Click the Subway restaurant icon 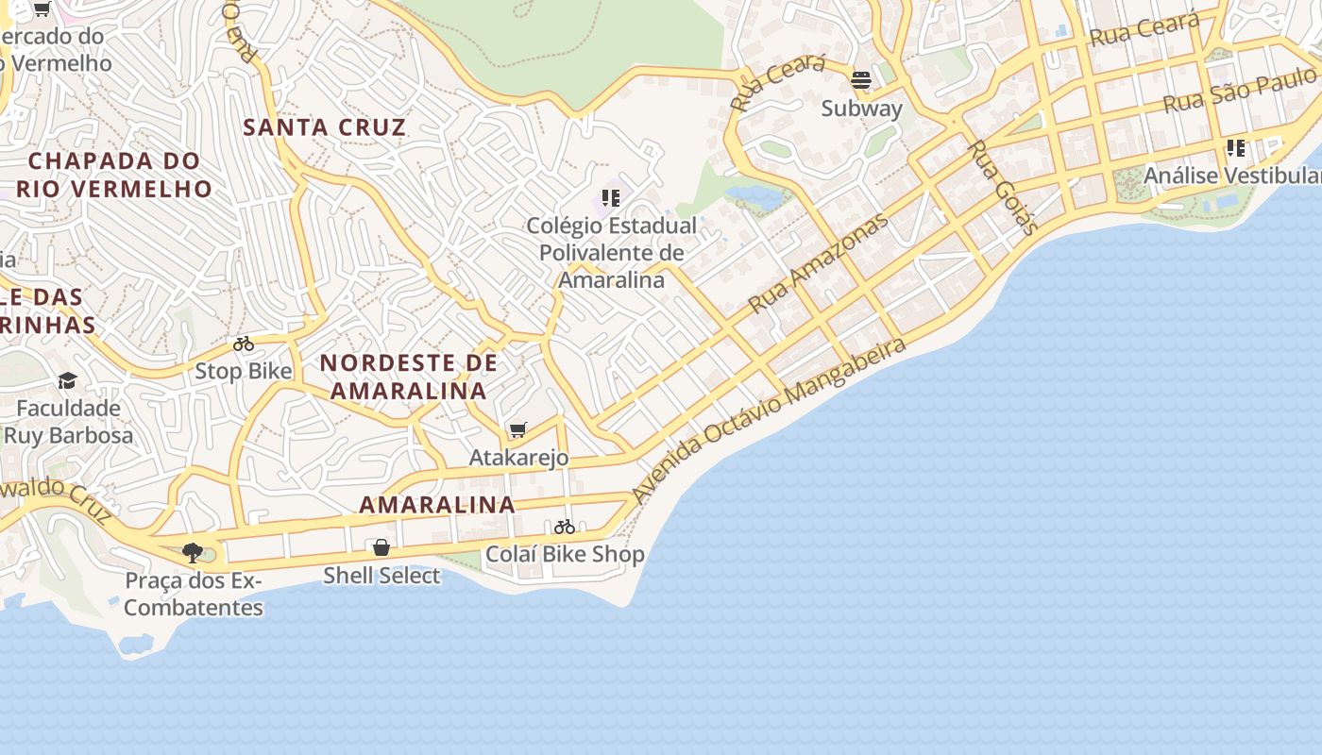(860, 79)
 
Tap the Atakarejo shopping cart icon (517, 430)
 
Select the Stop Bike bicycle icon (244, 344)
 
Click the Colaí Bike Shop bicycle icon (565, 527)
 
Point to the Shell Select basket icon (381, 547)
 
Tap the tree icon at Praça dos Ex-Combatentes (193, 552)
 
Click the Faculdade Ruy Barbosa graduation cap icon (67, 380)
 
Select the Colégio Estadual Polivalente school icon (611, 198)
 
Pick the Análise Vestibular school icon (1235, 148)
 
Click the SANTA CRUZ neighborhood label (325, 127)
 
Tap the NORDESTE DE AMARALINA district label (409, 377)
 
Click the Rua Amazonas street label (819, 263)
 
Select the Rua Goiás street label (1004, 187)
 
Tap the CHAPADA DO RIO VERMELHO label (114, 175)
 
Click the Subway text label (862, 108)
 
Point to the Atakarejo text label (519, 458)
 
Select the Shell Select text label (381, 575)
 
